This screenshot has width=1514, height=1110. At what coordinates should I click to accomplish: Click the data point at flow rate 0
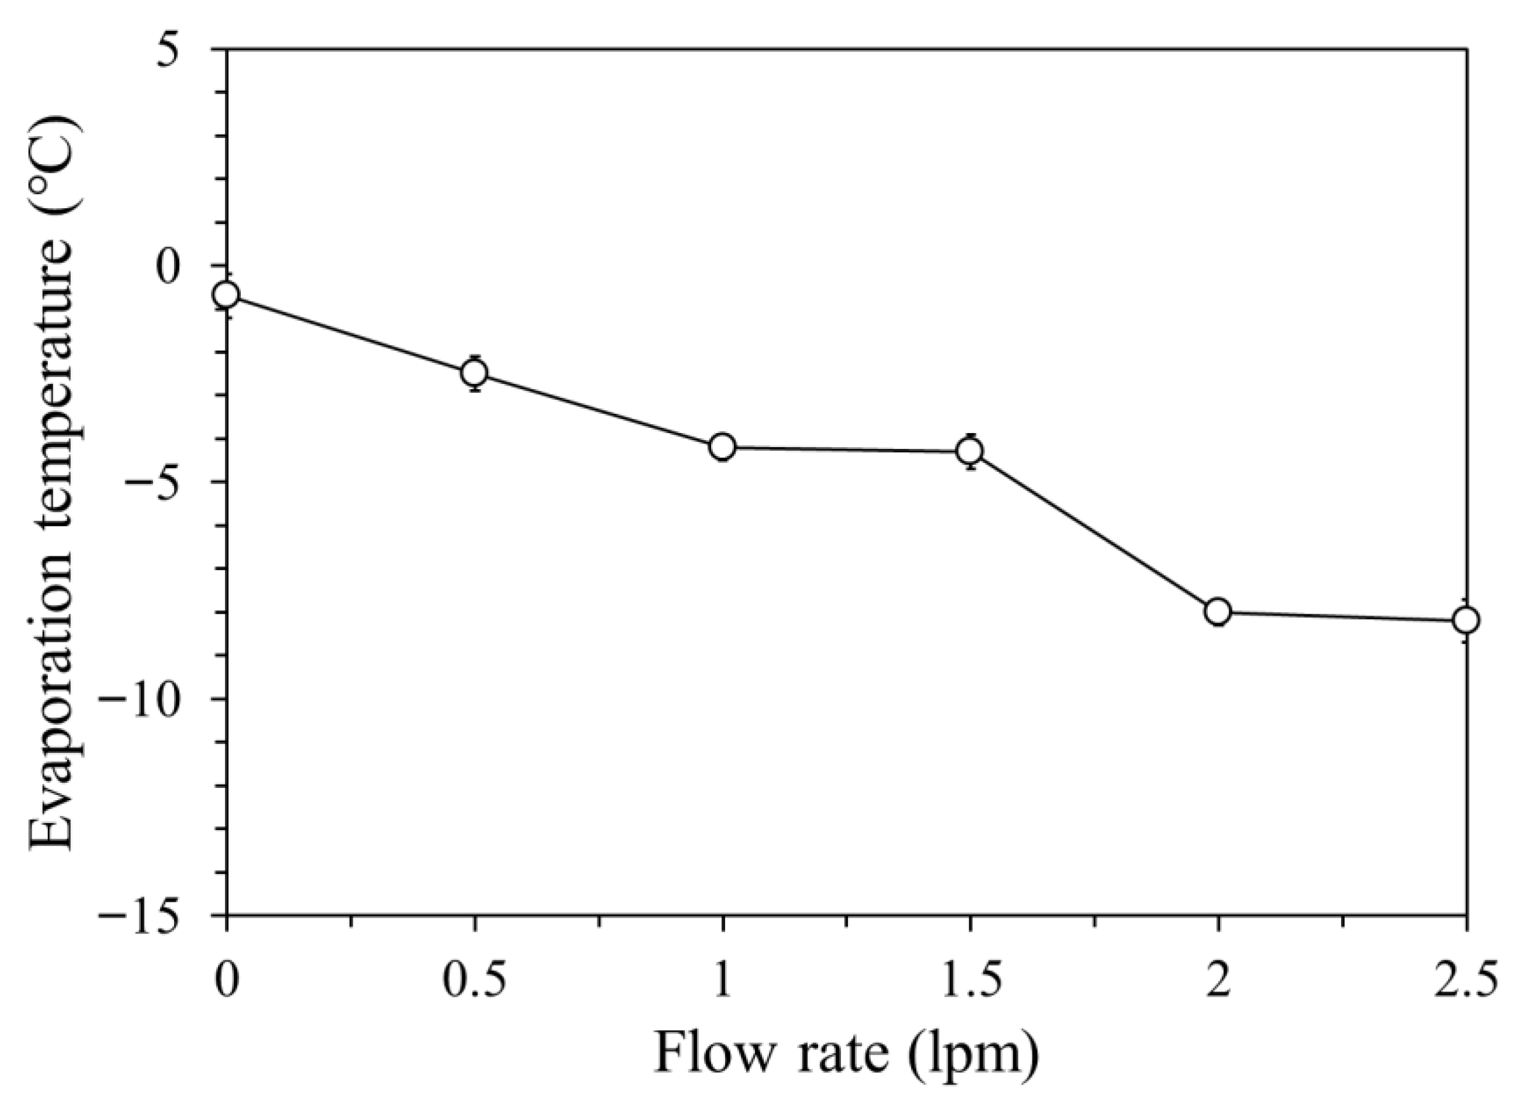227,294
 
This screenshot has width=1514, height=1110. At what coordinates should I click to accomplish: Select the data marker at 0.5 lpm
474,372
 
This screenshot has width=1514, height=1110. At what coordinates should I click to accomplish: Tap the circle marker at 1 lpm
723,447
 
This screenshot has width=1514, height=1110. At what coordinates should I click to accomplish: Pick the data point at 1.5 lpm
970,451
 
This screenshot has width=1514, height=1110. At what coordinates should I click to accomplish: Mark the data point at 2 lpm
1218,611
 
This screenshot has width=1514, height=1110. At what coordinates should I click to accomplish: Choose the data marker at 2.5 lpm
1465,620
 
